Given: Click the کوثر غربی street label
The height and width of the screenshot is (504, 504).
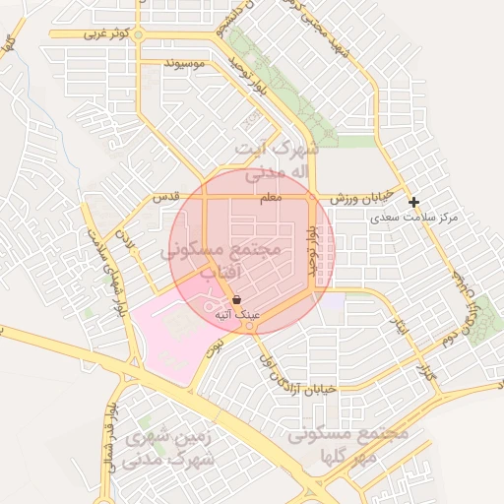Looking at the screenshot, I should click(x=106, y=34).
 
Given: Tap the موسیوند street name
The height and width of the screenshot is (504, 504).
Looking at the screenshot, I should click(x=184, y=64).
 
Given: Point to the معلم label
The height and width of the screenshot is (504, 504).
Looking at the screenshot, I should click(x=270, y=198).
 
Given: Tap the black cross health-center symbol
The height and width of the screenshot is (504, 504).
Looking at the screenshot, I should click(x=414, y=202).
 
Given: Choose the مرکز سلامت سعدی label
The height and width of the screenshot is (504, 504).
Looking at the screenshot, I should click(x=417, y=217).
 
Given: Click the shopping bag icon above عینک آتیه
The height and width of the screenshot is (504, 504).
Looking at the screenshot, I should click(x=237, y=300).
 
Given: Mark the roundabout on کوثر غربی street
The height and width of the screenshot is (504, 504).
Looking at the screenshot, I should click(x=138, y=35).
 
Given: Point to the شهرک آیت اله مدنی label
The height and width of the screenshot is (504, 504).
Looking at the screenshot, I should click(x=279, y=160).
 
